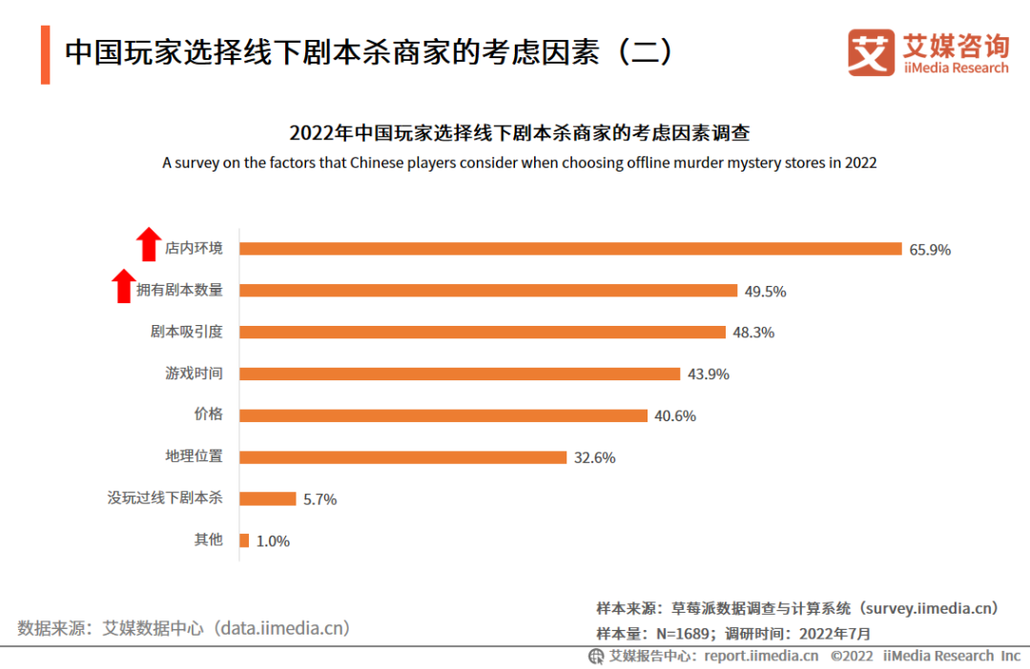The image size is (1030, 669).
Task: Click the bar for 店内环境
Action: pos(570,249)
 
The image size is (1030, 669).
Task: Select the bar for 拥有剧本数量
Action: pos(488,291)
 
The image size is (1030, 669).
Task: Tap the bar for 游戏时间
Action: pos(460,374)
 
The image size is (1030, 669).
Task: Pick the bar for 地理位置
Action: pos(402,456)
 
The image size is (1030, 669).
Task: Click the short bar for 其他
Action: pos(244,540)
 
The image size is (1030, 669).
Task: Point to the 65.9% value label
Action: pos(930,250)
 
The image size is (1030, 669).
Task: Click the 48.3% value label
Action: pos(753,333)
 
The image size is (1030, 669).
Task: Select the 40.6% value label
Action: pos(675,416)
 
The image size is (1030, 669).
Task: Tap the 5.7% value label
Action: pos(320,499)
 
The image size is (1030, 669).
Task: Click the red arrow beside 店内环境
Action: pos(147,244)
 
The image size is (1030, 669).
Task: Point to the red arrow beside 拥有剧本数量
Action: pos(123,286)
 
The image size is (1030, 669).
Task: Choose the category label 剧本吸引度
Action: pos(186,332)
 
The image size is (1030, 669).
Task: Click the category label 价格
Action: pos(208,415)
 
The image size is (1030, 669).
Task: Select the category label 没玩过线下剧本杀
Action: pos(165,497)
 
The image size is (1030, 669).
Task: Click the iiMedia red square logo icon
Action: pos(871,52)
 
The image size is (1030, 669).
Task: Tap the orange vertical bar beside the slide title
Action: pos(45,54)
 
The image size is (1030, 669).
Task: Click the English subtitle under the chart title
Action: pos(519,163)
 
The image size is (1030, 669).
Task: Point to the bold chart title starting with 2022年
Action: pos(519,132)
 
